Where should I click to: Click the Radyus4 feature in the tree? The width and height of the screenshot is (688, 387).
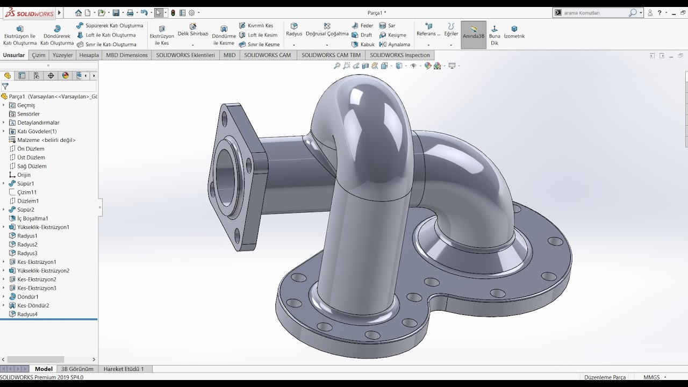point(27,314)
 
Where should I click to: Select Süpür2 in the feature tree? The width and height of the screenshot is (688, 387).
point(25,210)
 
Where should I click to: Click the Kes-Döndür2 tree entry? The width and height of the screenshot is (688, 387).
point(33,305)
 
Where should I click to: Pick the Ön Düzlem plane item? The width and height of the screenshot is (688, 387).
point(31,149)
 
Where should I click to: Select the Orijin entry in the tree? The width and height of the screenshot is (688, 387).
point(24,175)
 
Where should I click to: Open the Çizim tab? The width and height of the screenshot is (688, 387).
point(39,55)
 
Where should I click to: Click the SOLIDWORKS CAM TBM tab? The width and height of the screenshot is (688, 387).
point(331,55)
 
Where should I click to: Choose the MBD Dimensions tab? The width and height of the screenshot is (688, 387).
point(126,55)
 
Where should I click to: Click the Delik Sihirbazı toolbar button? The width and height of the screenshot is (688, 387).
point(192,30)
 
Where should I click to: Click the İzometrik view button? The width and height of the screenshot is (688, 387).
point(514,32)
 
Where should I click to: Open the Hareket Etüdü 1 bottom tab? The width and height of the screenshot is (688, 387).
point(124,369)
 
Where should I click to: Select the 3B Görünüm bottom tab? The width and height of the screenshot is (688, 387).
point(77,369)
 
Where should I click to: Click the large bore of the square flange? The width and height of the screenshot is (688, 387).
point(226,175)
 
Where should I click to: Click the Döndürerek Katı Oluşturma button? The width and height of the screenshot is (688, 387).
point(57,35)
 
